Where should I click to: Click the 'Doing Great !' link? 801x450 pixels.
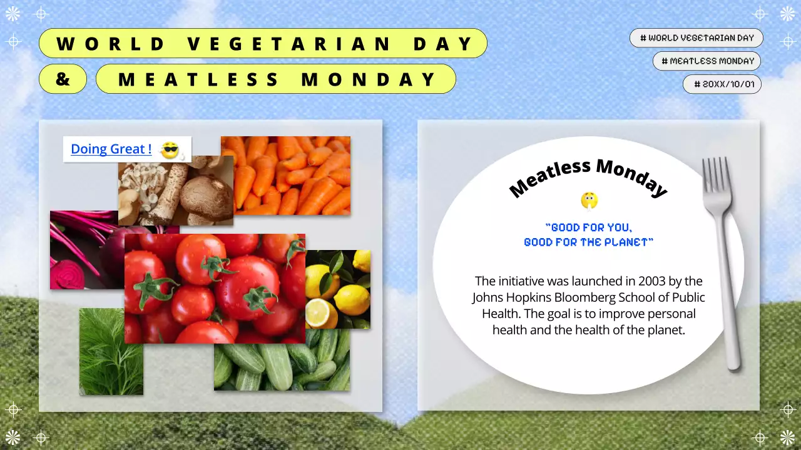[x=111, y=149]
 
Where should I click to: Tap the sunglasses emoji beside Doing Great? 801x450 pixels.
[x=170, y=150]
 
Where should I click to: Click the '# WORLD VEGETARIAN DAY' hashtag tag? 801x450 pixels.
[x=696, y=38]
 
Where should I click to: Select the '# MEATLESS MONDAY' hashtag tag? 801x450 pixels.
[x=707, y=61]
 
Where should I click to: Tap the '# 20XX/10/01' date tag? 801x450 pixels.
[x=722, y=84]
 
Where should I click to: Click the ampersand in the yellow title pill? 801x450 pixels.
[x=63, y=79]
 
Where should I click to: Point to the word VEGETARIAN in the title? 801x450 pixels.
[x=290, y=44]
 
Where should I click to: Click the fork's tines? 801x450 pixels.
[x=717, y=175]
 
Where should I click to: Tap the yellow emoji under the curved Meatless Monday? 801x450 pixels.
[x=589, y=201]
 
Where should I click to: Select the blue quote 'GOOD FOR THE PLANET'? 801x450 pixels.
[x=588, y=242]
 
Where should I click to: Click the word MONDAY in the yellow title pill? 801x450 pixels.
[x=369, y=79]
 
